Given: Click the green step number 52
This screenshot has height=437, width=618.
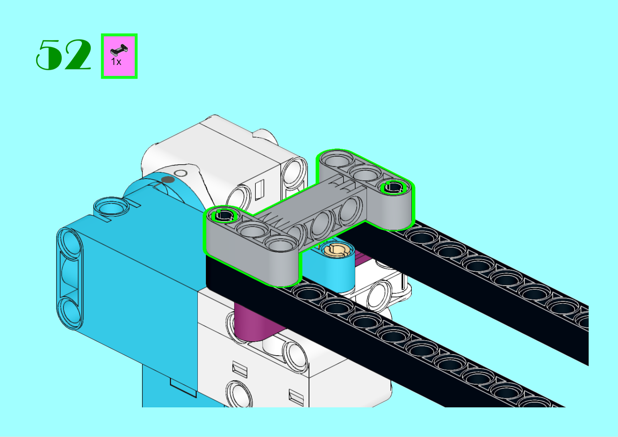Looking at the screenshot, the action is click(x=63, y=54).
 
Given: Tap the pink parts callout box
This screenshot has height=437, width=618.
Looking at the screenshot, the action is click(x=119, y=56).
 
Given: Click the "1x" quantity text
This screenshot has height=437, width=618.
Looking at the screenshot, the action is click(x=116, y=62).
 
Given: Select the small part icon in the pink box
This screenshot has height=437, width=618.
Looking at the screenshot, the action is click(x=119, y=49).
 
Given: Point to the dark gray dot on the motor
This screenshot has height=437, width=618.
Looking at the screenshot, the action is click(x=168, y=180).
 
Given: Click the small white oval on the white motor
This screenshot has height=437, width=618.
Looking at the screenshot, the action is click(x=181, y=173).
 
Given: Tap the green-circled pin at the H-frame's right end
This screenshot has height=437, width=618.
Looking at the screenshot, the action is click(x=394, y=187).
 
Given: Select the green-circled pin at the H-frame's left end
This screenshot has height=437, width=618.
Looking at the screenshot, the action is click(x=224, y=215).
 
